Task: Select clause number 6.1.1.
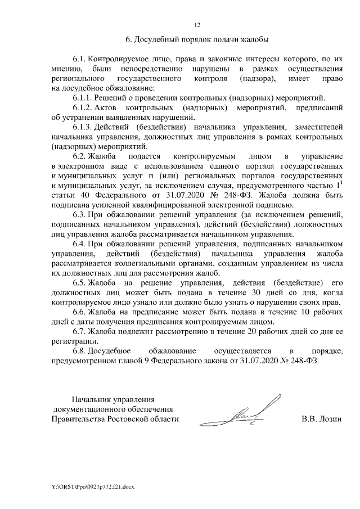pyautogui.click(x=84, y=97)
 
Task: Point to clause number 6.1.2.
pyautogui.click(x=84, y=107)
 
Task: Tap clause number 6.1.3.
pyautogui.click(x=84, y=127)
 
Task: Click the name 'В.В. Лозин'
pyautogui.click(x=322, y=419)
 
